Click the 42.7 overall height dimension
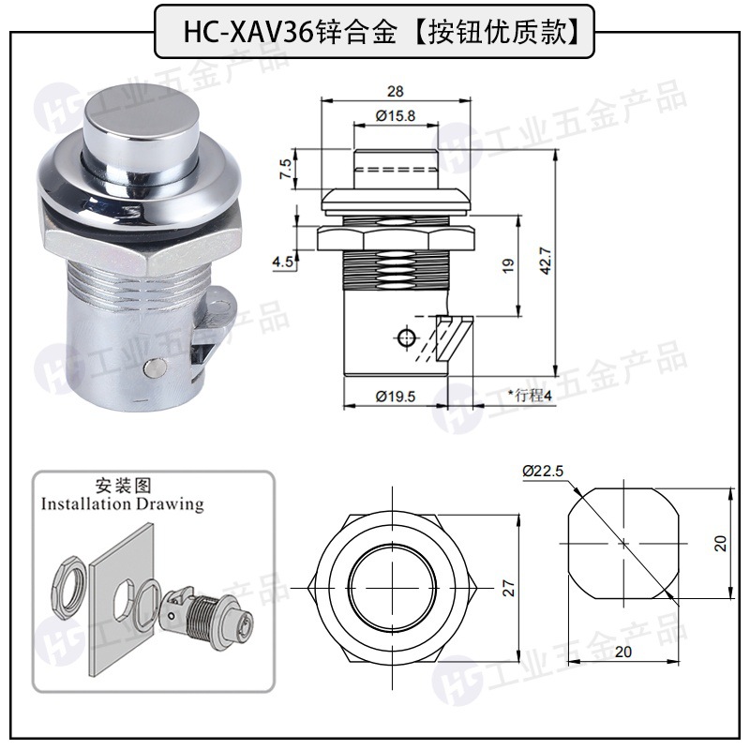[547, 262]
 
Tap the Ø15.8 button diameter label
[396, 115]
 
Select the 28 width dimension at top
[396, 91]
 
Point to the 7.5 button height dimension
[285, 169]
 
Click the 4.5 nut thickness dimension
[283, 262]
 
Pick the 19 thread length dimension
[508, 265]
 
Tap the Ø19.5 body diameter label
[396, 397]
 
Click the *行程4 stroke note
[530, 396]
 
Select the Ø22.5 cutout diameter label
[543, 472]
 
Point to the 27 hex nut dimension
[509, 589]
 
